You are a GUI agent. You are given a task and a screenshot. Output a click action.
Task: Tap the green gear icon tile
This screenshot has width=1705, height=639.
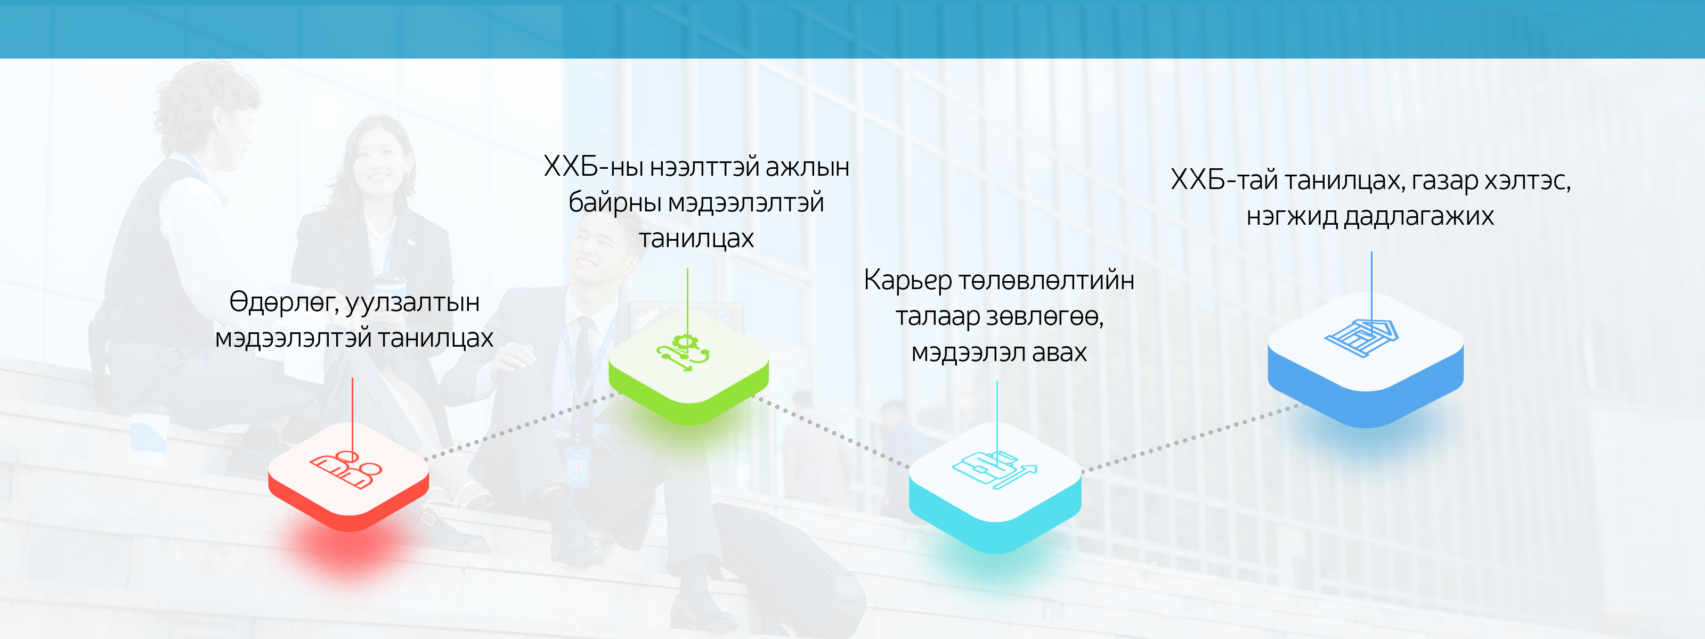[688, 366]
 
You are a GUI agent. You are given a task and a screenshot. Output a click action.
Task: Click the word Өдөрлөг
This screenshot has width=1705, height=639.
[284, 302]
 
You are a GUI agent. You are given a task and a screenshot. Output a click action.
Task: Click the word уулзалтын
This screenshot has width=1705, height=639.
[412, 304]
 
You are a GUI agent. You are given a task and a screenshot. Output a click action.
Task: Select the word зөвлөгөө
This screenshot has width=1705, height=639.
[1046, 317]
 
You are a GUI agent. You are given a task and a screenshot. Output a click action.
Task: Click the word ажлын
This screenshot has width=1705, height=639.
[808, 167]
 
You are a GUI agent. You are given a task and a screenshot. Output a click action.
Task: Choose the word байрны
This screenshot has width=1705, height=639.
[615, 203]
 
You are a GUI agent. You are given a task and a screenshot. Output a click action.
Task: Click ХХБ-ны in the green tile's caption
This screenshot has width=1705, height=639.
[593, 167]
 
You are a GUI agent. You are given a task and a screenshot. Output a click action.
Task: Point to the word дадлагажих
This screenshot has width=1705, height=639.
[1418, 216]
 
